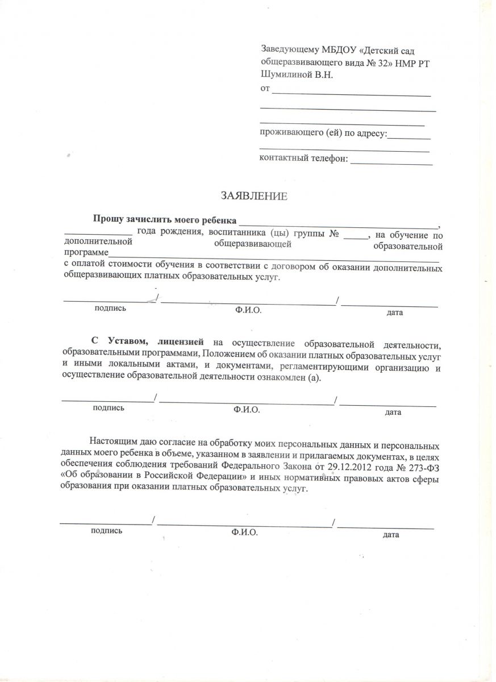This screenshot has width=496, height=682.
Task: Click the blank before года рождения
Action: point(98,234)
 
